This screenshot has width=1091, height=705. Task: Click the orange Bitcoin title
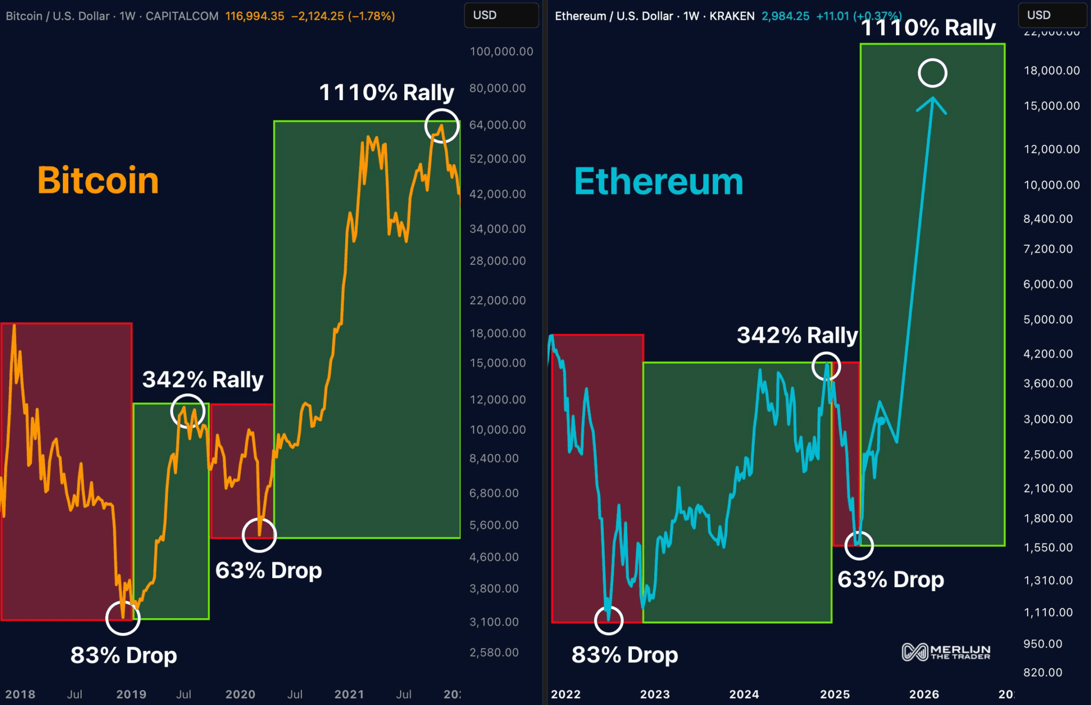click(x=98, y=180)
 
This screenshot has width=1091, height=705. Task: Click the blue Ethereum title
click(x=658, y=182)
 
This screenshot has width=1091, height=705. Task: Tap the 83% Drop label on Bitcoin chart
click(x=124, y=655)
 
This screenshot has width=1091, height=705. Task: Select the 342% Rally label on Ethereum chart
click(x=797, y=335)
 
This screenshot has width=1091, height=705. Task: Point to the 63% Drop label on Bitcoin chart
click(x=268, y=570)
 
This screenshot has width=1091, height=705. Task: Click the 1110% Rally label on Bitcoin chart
click(x=386, y=92)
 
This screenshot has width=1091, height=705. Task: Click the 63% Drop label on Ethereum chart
click(x=891, y=579)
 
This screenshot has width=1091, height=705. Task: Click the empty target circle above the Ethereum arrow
click(x=932, y=73)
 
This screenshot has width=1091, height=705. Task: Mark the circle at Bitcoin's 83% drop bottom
click(x=123, y=618)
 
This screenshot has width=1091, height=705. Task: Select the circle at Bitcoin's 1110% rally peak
click(x=442, y=126)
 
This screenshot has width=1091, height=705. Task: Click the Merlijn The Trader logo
click(x=946, y=652)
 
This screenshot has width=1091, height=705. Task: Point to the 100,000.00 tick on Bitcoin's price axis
click(x=501, y=52)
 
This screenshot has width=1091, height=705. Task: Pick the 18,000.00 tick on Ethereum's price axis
click(x=1052, y=71)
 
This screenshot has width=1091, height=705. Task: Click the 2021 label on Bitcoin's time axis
click(x=349, y=694)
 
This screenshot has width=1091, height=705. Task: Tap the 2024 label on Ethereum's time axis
click(x=744, y=694)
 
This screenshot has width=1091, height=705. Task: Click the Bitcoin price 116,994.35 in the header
click(x=255, y=16)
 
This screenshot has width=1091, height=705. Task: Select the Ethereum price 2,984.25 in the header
click(x=785, y=16)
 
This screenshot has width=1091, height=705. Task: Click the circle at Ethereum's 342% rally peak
click(x=826, y=366)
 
